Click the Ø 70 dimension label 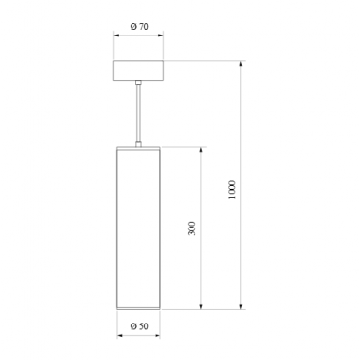pyautogui.click(x=139, y=27)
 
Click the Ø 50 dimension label pyautogui.click(x=139, y=326)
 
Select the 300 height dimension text pyautogui.click(x=191, y=228)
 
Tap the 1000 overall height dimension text pyautogui.click(x=232, y=190)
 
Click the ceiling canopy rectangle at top pyautogui.click(x=139, y=70)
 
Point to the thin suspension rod pyautogui.click(x=138, y=113)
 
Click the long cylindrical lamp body pyautogui.click(x=138, y=228)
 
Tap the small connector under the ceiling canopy pyautogui.click(x=138, y=83)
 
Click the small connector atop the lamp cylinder pyautogui.click(x=138, y=144)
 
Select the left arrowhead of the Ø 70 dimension pyautogui.click(x=117, y=36)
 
